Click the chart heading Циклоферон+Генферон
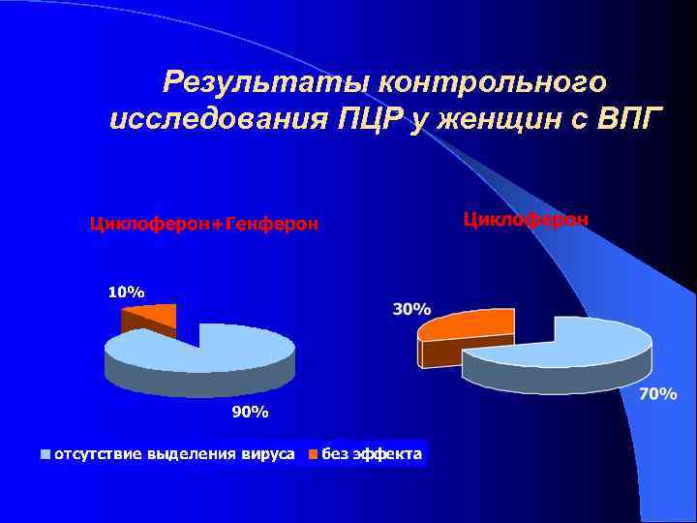coord(203,224)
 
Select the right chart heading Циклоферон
coord(526,219)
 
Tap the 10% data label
coord(126,292)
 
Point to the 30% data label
coord(411,310)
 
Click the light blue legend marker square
coord(45,452)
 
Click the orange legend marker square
coord(313,452)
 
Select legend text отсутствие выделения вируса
coord(174,452)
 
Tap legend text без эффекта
coord(372,452)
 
